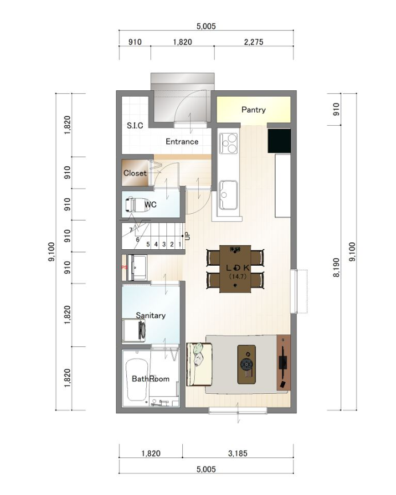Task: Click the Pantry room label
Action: tap(253, 110)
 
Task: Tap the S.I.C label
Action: tap(134, 126)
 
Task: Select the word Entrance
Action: tap(182, 142)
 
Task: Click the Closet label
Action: tap(135, 173)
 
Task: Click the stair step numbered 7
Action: tap(131, 230)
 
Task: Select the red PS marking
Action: tap(123, 267)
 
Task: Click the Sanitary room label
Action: tap(150, 316)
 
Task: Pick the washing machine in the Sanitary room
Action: tap(135, 329)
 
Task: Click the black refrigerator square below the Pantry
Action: tap(279, 141)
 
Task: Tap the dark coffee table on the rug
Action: tap(247, 364)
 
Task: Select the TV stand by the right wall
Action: tap(283, 363)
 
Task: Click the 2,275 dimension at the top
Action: tap(254, 42)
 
